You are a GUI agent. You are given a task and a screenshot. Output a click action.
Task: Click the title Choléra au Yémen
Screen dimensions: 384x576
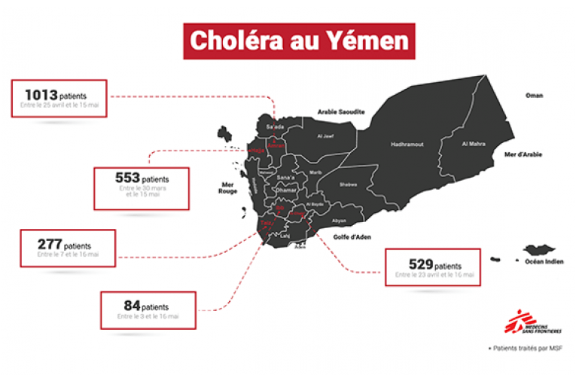(288, 41)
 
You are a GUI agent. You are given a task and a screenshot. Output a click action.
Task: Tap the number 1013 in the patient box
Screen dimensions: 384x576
(38, 96)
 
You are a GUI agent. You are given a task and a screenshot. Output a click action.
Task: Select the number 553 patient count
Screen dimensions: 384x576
(128, 179)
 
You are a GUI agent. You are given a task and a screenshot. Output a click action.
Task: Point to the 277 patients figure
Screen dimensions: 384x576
(50, 245)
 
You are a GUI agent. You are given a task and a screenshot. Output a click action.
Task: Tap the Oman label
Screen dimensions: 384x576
(534, 96)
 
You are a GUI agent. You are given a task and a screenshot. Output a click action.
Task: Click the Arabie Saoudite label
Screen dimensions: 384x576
(340, 111)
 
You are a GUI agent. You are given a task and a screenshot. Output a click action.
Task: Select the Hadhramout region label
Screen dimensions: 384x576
(407, 144)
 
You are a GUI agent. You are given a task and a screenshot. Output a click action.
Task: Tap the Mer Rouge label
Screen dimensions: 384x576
(227, 187)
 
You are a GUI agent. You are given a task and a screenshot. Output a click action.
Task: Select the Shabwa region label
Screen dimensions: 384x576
(348, 184)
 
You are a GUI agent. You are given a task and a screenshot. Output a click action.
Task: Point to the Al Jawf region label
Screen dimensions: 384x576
(325, 136)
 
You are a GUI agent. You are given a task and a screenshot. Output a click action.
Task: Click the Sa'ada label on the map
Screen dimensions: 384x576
(275, 127)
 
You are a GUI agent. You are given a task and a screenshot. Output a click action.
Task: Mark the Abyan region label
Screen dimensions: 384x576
(338, 221)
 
